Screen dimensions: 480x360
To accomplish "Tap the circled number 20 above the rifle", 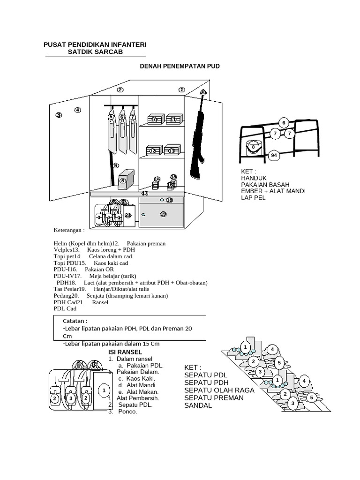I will pos(203,93).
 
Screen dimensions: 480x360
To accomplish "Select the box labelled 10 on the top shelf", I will pos(155,120).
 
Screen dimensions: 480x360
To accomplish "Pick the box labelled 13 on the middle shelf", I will pos(172,150).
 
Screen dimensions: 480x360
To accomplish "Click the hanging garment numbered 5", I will pos(112,134).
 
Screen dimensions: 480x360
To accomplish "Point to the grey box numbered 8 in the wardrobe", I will pos(125,180).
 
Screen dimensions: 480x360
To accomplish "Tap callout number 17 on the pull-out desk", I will pos(144,193).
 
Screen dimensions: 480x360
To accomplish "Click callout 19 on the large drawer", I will pos(163,214).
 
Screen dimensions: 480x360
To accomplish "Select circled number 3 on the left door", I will pos(59,115).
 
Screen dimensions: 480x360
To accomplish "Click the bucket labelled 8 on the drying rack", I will pos(254,147).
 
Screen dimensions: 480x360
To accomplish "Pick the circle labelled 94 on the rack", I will pos(274,156).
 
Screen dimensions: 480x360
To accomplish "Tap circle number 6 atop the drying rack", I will pos(283,123).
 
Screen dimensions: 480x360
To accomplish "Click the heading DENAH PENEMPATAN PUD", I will pos(180,67).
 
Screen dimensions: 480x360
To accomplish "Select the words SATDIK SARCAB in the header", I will pos(95,52).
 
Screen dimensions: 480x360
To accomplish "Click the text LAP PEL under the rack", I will pos(253,198).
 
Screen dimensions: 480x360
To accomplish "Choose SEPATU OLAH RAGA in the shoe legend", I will pos(219,390).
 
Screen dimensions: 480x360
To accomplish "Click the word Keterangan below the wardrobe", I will pos(69,231).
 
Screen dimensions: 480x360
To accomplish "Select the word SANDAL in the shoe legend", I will pos(198,405).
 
